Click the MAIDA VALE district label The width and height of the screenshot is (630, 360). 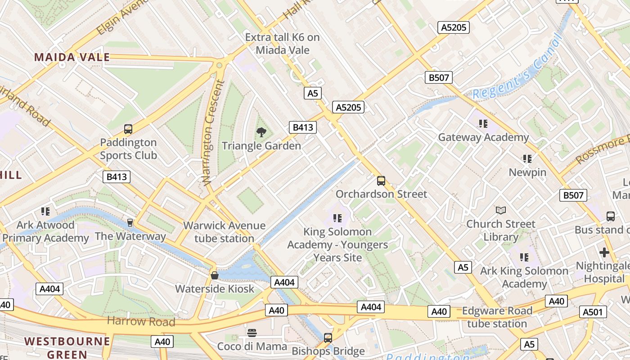point(72,57)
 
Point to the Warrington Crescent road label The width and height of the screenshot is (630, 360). point(212,132)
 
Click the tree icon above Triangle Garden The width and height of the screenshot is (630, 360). point(261,132)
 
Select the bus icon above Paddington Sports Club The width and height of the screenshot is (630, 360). point(128,130)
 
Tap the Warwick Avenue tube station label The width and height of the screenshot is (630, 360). point(224,232)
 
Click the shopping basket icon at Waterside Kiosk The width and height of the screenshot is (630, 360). point(215,275)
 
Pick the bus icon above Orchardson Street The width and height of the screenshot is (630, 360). point(381,181)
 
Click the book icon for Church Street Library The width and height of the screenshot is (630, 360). point(500,210)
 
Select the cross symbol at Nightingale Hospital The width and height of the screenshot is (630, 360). point(604,252)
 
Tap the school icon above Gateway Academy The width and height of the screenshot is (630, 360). point(483,124)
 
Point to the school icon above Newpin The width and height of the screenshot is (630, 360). point(527,159)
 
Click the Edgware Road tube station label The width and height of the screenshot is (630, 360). point(497,317)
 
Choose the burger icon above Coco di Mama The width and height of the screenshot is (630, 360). point(252,333)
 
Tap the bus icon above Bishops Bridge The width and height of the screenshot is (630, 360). point(328,337)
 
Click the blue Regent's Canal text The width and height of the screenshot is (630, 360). point(517,70)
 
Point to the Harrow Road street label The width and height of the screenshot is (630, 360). point(141,321)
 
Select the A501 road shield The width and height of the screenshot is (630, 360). point(594,312)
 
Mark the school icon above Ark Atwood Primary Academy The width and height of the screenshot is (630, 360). point(45,211)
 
